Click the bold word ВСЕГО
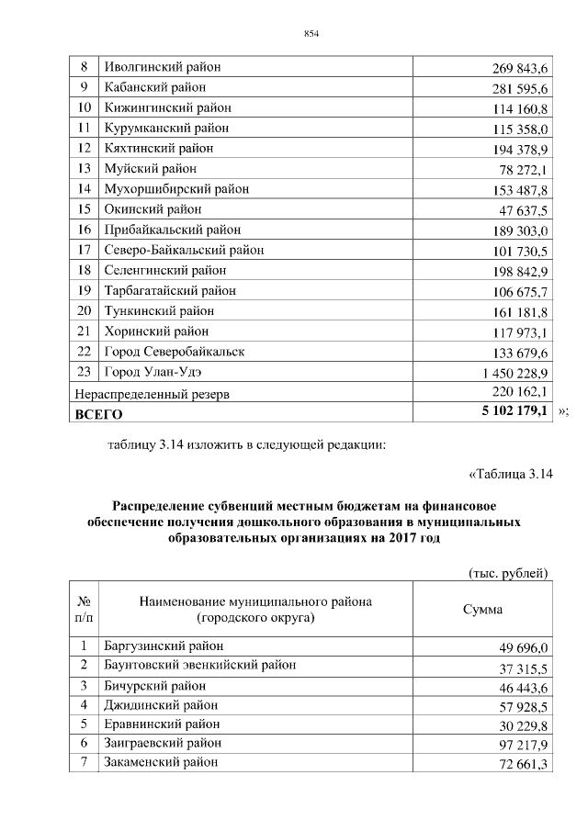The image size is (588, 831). pyautogui.click(x=98, y=415)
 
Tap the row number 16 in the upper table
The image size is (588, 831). pyautogui.click(x=85, y=230)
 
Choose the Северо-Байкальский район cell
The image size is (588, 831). pyautogui.click(x=185, y=250)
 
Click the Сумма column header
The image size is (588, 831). pyautogui.click(x=482, y=610)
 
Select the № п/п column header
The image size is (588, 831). pyautogui.click(x=83, y=610)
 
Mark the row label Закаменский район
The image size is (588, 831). pyautogui.click(x=162, y=761)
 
